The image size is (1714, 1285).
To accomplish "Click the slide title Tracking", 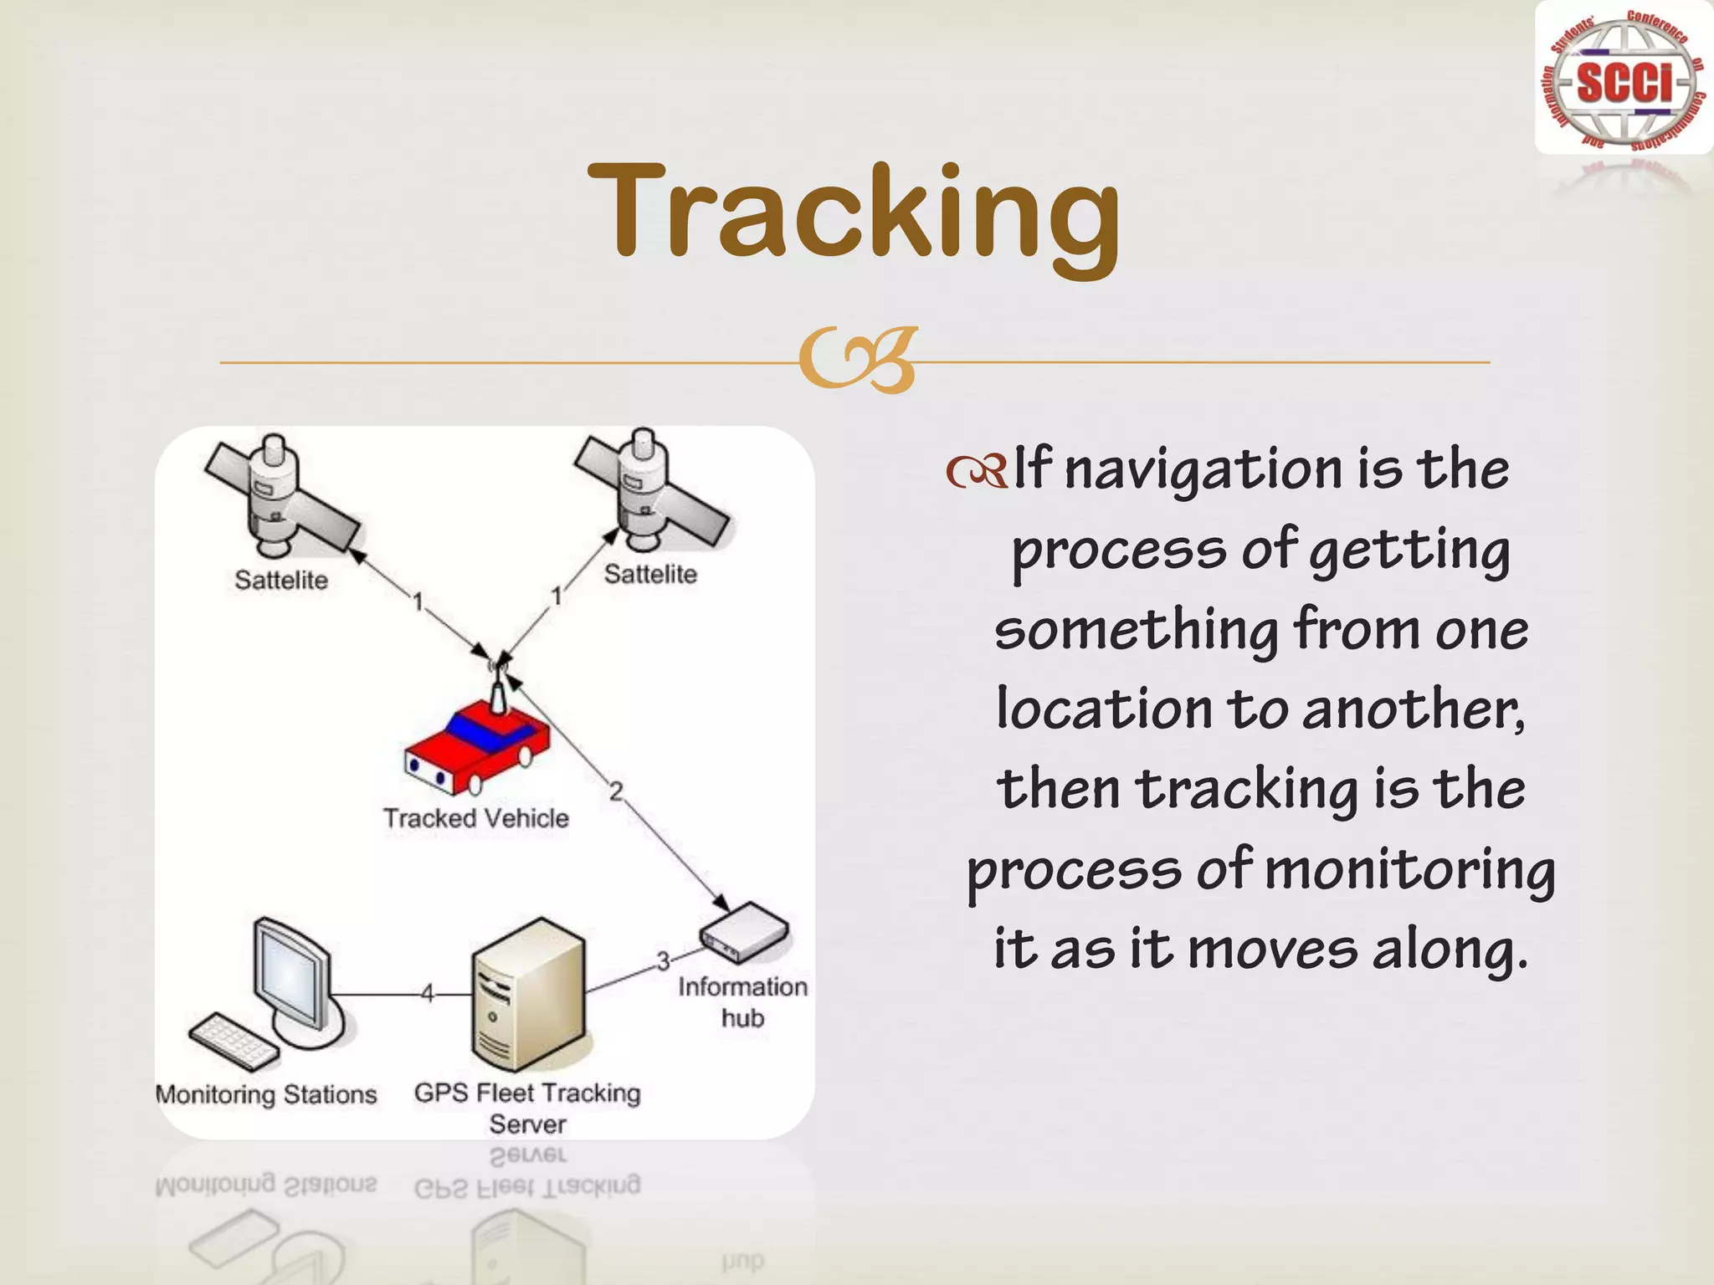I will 854,213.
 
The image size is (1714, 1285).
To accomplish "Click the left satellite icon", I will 280,497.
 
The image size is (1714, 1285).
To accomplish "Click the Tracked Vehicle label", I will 475,818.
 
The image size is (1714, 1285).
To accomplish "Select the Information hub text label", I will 742,1002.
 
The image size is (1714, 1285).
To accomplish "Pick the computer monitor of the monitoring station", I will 293,979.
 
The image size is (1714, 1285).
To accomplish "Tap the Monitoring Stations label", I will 266,1094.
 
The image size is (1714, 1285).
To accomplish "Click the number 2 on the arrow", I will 616,791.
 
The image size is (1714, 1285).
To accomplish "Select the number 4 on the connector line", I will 427,994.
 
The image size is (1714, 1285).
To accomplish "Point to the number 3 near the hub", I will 663,962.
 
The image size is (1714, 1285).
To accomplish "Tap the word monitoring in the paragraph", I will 1409,870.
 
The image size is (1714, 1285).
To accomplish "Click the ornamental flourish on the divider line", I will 858,361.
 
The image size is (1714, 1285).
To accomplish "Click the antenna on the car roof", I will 498,690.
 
